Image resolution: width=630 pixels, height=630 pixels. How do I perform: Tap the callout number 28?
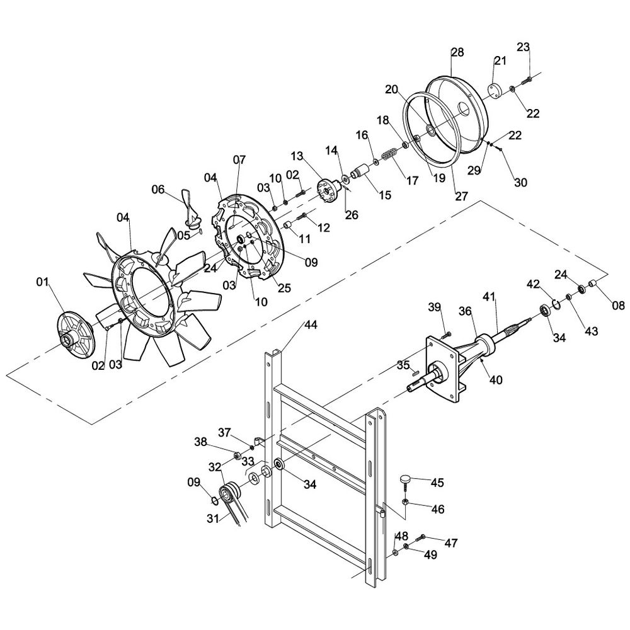(x=458, y=52)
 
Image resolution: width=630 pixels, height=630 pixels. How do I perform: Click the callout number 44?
(x=311, y=324)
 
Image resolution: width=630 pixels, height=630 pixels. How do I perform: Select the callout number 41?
(x=490, y=296)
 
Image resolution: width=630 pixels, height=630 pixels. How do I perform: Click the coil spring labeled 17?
(x=392, y=154)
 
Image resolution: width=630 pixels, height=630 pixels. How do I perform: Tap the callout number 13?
(x=297, y=156)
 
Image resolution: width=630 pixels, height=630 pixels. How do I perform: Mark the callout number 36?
(x=465, y=311)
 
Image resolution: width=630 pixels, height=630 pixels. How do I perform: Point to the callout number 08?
(x=618, y=306)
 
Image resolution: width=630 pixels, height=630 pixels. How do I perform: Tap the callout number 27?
(x=462, y=195)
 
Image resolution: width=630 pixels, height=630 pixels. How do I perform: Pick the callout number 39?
(x=435, y=307)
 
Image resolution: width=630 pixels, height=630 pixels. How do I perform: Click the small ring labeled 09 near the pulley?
(x=215, y=501)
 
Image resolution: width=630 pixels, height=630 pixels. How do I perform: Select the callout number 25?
(x=284, y=288)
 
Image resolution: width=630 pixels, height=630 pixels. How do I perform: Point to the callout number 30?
(x=520, y=183)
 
